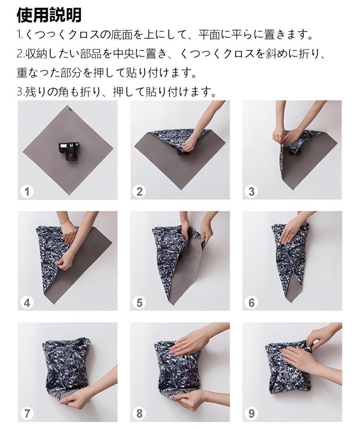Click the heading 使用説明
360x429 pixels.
tap(49, 15)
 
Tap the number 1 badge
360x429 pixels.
tap(27, 192)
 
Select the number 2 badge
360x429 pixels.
tap(139, 192)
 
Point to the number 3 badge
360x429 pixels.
tap(251, 192)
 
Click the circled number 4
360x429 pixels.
tap(27, 303)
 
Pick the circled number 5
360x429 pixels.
tap(139, 303)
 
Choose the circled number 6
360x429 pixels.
tap(251, 303)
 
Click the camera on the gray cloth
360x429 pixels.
tap(68, 151)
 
